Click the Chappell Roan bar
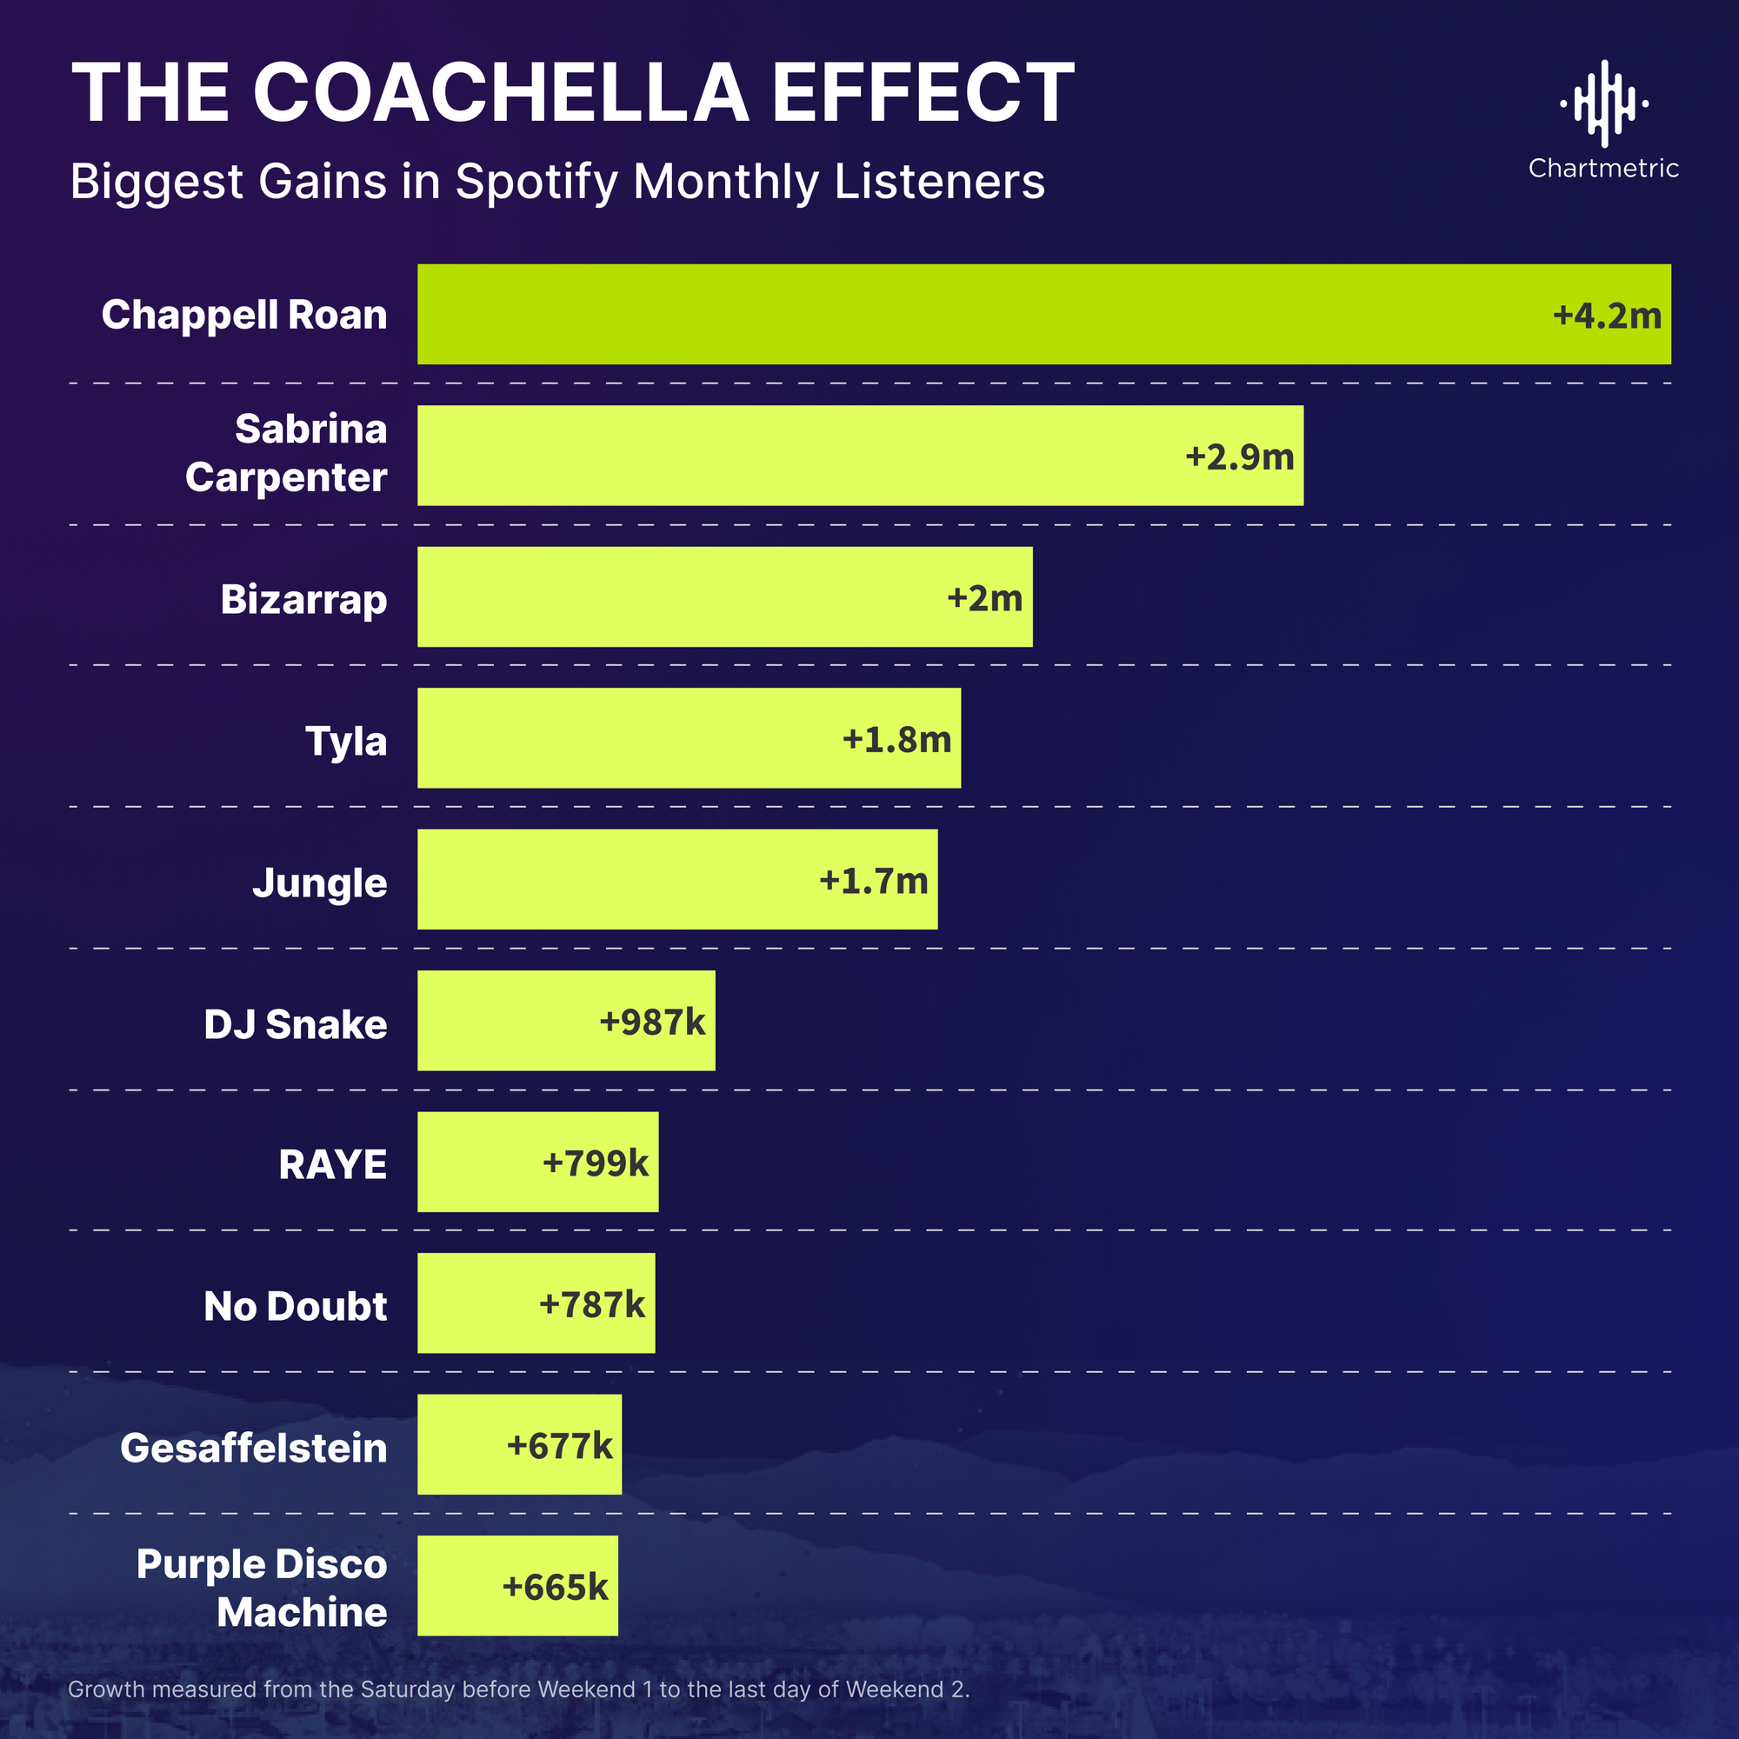[x=990, y=314]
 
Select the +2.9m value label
[x=1239, y=457]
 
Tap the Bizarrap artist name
[x=303, y=599]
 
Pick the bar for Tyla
[x=630, y=738]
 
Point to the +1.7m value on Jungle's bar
[x=873, y=880]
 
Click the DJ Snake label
[x=296, y=1024]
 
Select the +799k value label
[x=595, y=1163]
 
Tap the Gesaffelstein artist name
[x=253, y=1448]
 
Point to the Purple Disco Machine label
[x=261, y=1588]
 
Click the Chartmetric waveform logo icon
[x=1604, y=103]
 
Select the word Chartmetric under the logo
[x=1603, y=169]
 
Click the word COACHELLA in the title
[x=501, y=93]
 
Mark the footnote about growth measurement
[x=518, y=1689]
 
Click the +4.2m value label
[x=1607, y=316]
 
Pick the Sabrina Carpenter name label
[x=286, y=453]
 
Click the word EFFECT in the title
[x=923, y=93]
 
